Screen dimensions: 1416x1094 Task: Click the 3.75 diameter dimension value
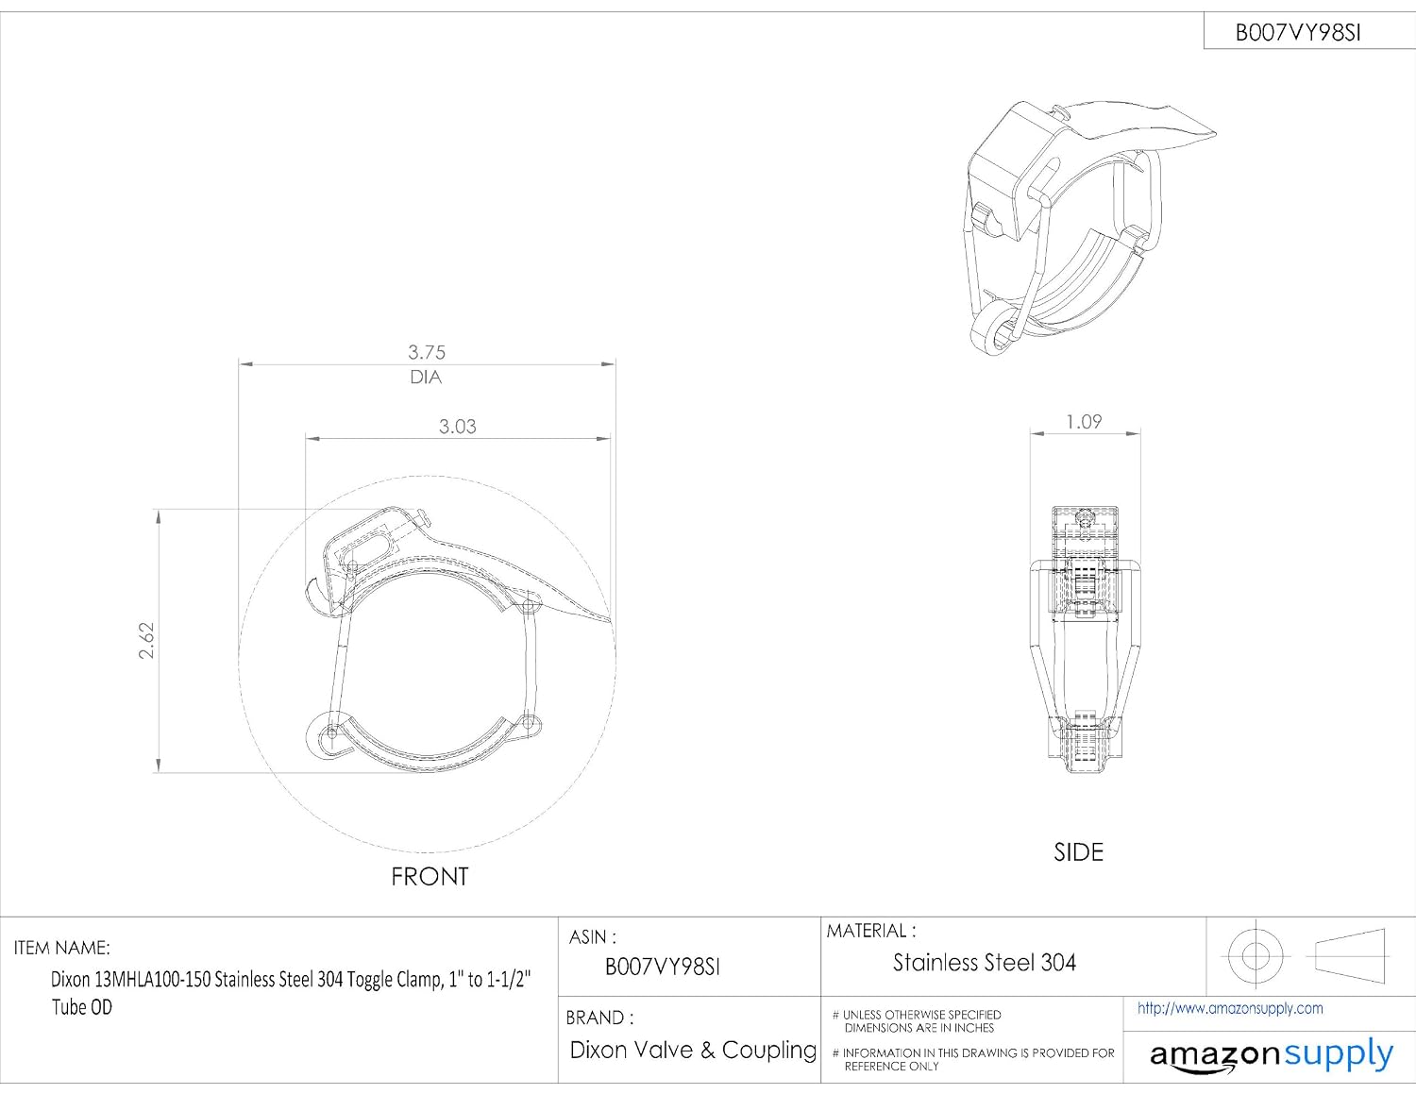426,352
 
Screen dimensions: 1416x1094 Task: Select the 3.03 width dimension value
458,427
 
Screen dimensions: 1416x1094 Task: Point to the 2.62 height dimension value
147,641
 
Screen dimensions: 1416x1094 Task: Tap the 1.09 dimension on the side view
1084,422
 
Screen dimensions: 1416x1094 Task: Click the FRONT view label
430,877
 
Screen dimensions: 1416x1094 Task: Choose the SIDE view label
1078,852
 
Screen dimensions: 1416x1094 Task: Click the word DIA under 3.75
426,378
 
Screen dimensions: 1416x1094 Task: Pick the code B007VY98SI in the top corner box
1297,33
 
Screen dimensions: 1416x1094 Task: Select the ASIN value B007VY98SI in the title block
662,967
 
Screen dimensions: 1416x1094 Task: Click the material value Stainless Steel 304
984,963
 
